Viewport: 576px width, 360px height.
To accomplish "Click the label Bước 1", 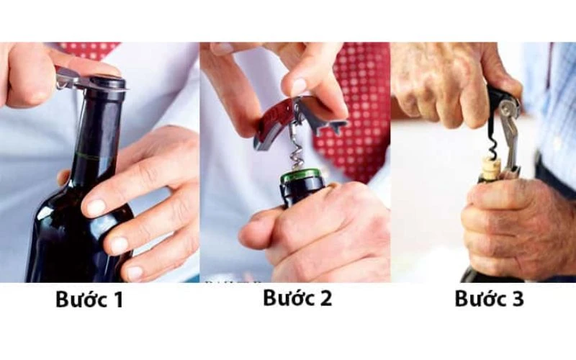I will point(89,300).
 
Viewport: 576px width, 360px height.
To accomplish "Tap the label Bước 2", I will point(297,298).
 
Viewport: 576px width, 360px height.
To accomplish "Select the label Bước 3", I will point(489,299).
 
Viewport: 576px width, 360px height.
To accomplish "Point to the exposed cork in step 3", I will point(492,168).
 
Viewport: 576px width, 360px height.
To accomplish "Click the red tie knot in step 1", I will point(90,49).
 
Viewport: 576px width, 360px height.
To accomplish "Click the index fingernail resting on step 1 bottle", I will point(96,208).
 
